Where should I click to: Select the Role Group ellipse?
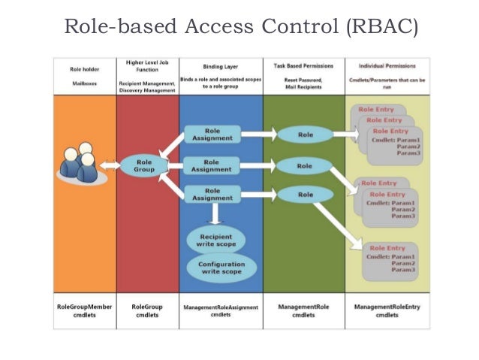tap(145, 165)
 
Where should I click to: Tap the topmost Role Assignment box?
tap(212, 135)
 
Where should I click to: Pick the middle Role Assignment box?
tap(212, 165)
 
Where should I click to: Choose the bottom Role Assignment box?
tap(212, 195)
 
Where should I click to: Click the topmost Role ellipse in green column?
tap(304, 135)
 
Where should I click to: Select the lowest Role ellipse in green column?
tap(304, 195)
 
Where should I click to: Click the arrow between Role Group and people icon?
tap(113, 165)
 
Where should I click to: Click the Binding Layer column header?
tap(220, 66)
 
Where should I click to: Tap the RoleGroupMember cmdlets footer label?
tap(85, 310)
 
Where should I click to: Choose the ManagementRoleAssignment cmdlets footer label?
tap(221, 310)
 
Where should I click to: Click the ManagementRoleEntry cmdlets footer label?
tap(387, 310)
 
